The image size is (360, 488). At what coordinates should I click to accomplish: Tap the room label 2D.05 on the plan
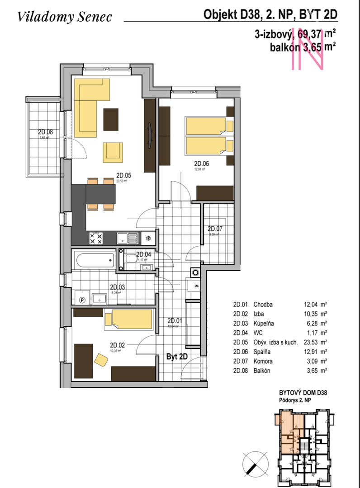123,175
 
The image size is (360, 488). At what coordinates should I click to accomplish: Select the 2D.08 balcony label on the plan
45,132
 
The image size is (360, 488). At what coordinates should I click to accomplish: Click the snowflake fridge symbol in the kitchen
148,237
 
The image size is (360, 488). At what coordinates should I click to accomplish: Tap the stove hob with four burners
95,238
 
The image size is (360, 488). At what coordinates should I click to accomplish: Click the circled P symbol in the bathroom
82,299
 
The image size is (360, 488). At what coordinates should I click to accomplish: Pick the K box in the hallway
196,286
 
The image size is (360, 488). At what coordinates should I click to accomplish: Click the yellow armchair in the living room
113,152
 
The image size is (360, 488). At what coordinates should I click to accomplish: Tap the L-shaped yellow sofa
90,107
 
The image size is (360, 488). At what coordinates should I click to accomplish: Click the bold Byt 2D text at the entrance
177,357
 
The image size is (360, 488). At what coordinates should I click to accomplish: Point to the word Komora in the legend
263,361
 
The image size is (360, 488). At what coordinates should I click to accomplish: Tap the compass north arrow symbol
255,463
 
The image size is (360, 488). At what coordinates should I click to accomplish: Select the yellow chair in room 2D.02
101,359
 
